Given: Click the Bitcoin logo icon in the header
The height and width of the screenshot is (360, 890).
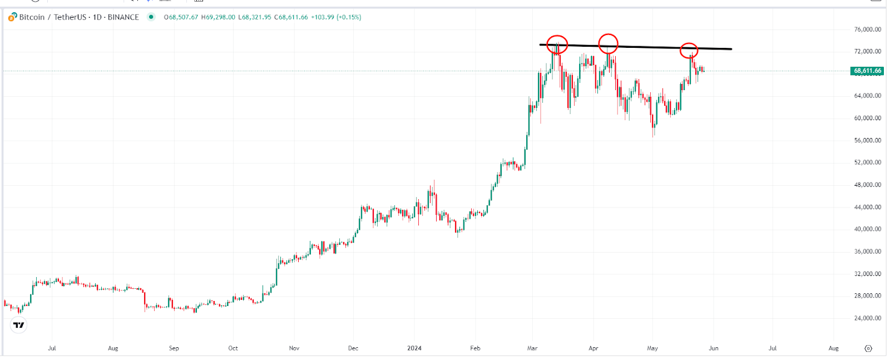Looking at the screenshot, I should [x=12, y=17].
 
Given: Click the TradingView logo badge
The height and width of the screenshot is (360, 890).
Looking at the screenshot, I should [x=19, y=325].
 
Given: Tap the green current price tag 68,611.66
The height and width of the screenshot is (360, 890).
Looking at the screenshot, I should [x=867, y=71].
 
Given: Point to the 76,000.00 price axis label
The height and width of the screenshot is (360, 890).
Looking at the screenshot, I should [x=867, y=29].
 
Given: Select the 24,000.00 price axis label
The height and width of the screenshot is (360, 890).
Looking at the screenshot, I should [x=867, y=318].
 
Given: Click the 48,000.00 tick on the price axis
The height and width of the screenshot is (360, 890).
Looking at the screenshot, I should [x=867, y=185].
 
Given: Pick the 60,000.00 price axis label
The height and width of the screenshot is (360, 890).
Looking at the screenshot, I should [x=867, y=118].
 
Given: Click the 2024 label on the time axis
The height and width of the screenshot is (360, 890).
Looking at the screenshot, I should [x=414, y=348].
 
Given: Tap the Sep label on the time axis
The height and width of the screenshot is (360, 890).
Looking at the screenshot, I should [x=174, y=348].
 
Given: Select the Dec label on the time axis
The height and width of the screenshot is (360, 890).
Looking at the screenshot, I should [x=353, y=348].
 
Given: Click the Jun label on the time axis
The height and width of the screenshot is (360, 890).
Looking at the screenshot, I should [x=713, y=348].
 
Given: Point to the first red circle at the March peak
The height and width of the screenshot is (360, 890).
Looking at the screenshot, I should [x=557, y=45].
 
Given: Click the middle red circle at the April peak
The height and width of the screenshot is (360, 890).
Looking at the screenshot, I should [x=608, y=43].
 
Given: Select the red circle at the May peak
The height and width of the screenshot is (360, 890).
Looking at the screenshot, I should [x=689, y=50].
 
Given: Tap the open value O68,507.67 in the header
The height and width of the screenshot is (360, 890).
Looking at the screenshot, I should [x=181, y=17].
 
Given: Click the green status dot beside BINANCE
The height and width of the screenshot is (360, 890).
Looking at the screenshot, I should [x=151, y=17].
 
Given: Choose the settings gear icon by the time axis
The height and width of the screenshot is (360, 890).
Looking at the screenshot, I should [x=868, y=348].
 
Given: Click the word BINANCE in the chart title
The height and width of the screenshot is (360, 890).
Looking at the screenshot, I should [x=123, y=17].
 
